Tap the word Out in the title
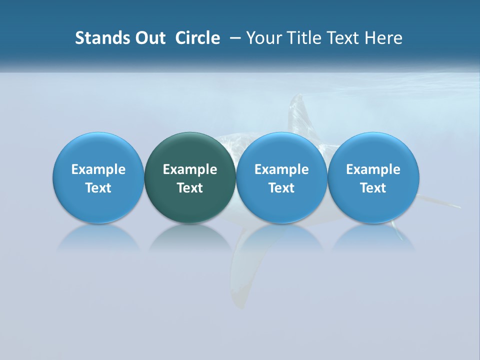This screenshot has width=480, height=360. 149,38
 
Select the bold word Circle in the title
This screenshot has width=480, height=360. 197,38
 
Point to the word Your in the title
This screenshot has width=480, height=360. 263,38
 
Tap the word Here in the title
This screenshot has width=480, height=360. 383,38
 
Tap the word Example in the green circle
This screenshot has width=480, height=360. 190,169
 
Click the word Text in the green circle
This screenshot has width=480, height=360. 190,188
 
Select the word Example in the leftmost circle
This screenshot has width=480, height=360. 98,169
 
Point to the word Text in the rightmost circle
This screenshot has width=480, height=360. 373,188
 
